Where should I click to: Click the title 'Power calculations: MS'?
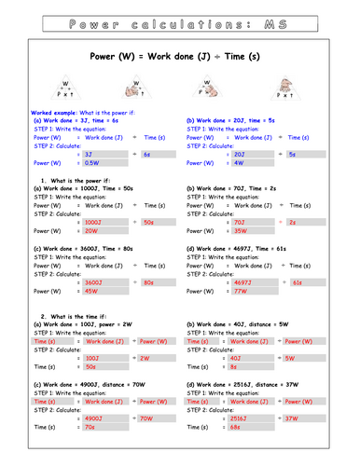click(180, 19)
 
